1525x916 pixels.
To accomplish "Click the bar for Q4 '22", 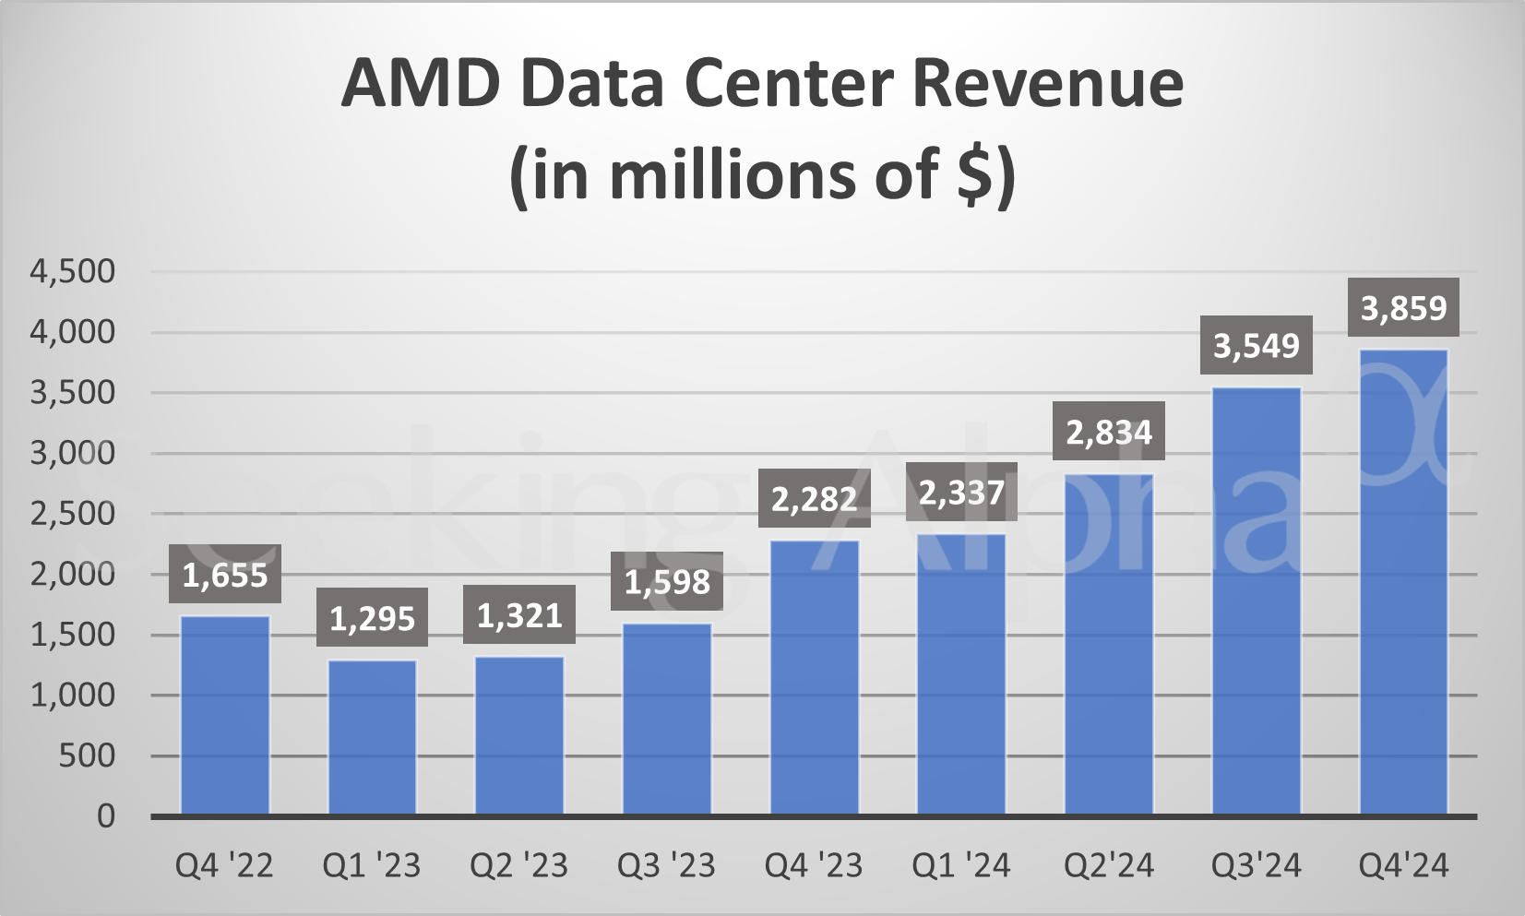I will (224, 715).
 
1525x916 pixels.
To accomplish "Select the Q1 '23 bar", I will (372, 737).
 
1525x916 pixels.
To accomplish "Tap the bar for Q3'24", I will (1256, 601).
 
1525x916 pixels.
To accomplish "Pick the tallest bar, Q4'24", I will (1403, 581).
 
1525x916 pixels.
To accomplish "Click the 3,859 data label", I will (1403, 307).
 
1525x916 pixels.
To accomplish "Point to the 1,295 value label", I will (372, 618).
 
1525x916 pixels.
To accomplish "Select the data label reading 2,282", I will (814, 499).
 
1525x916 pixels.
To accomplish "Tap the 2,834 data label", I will (1109, 432).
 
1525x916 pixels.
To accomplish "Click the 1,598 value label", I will (667, 581).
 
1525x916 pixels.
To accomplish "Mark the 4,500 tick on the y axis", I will (73, 271).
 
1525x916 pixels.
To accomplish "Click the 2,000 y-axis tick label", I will (73, 574).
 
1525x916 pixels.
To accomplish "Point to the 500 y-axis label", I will (87, 755).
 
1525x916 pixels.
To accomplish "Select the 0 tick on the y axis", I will (106, 816).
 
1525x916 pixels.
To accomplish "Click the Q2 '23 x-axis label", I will (518, 865).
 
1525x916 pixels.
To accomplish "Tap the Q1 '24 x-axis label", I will (961, 865).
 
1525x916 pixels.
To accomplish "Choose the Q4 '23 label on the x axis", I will (814, 865).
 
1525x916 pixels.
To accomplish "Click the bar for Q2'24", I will (1109, 645).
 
